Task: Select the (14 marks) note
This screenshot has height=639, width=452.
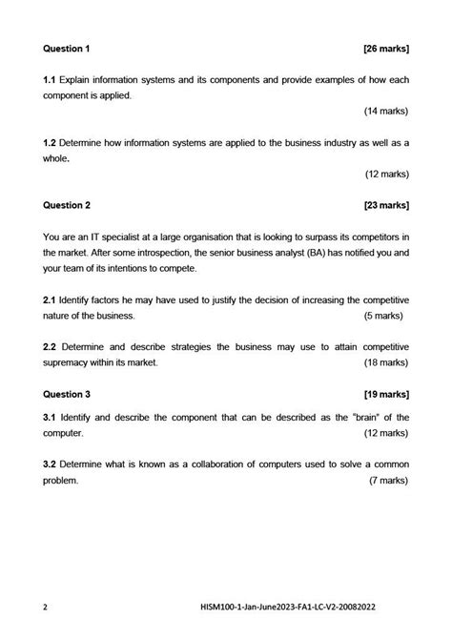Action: click(x=386, y=111)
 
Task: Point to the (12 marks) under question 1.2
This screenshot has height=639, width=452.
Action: click(x=386, y=174)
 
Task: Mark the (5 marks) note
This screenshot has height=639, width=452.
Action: click(x=388, y=315)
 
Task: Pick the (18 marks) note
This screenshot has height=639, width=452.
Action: click(x=386, y=362)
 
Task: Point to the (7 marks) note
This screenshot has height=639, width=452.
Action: click(x=388, y=481)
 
